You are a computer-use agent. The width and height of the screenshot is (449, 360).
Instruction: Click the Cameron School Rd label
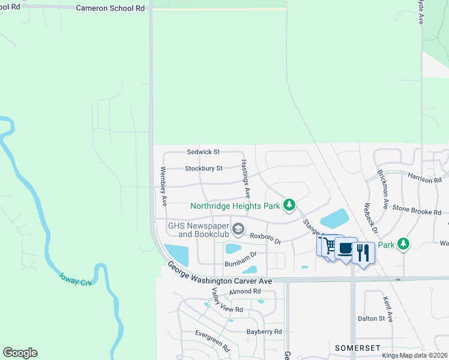pos(110,8)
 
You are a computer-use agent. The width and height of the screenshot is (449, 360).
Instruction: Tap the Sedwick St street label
pos(203,152)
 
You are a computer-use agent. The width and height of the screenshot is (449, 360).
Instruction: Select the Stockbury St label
pos(203,169)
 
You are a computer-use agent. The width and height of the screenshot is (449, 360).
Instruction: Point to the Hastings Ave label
pos(246,179)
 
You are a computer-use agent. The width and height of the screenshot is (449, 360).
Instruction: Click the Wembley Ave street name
pos(163,187)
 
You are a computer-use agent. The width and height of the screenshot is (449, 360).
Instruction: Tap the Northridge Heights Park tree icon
pos(289,206)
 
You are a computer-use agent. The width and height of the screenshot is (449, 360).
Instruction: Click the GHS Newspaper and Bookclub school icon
pos(239,229)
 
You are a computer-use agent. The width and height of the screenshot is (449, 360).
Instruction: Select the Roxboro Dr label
pos(265,239)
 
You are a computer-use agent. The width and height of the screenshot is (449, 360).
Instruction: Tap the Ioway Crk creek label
pos(75,279)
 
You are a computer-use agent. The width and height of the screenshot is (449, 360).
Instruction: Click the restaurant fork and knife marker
pos(363,252)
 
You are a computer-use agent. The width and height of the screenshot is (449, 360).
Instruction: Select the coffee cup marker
pos(345,248)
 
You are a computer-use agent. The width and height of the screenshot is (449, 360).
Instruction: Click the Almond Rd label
pos(246,292)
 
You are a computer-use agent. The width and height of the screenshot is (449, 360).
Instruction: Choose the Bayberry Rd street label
pos(264,331)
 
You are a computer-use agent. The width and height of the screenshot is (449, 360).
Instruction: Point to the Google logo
pos(20,353)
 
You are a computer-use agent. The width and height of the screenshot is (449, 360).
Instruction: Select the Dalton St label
pos(371,319)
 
